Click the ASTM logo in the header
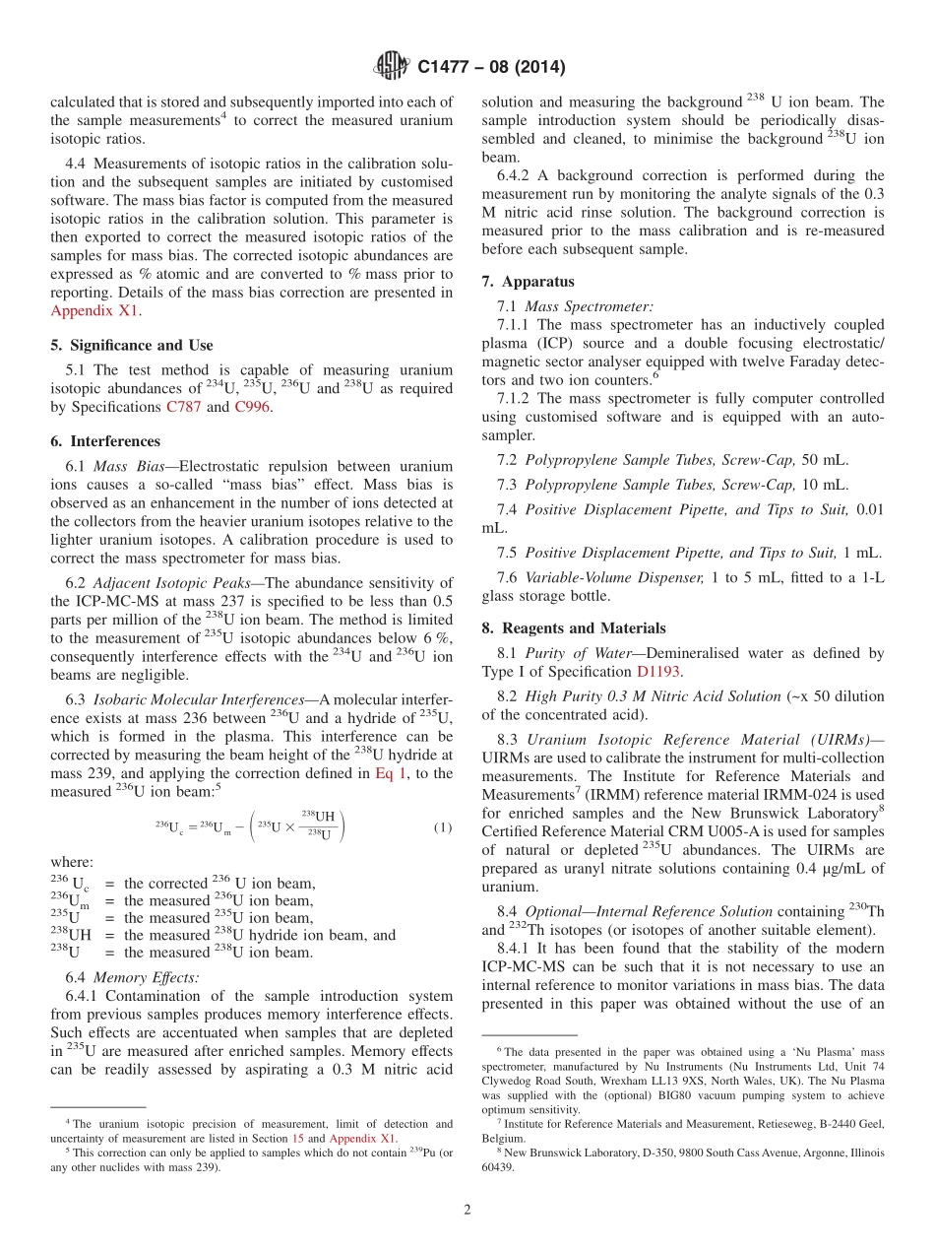(392, 67)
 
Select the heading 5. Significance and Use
(131, 345)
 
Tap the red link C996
(251, 407)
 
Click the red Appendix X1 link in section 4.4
(94, 310)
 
